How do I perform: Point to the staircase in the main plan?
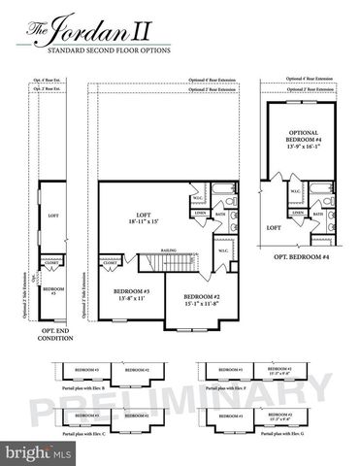(x=159, y=261)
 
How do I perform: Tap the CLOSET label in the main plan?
(x=110, y=262)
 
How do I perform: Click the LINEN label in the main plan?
(x=200, y=213)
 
